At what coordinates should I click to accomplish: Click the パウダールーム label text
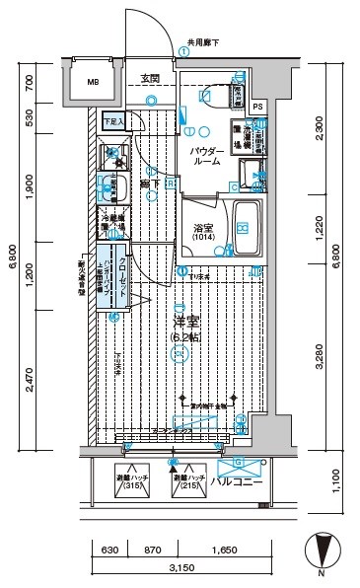[205, 154]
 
